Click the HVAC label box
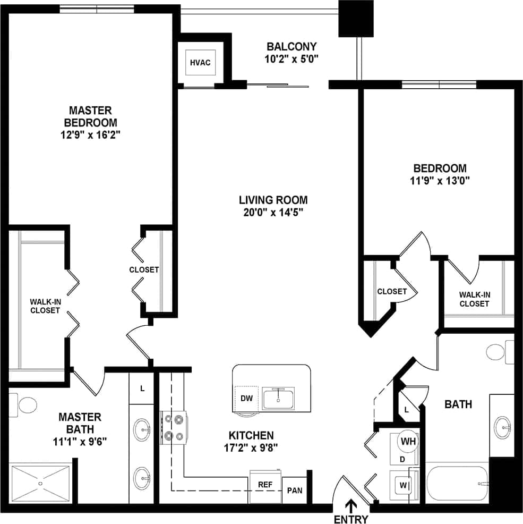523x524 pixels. (200, 63)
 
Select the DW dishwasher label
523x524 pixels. (246, 398)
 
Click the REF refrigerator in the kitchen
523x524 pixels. (265, 485)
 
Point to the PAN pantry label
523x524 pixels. (294, 489)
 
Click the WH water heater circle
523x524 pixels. (408, 442)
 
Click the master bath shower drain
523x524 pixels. (41, 484)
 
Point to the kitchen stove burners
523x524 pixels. (175, 428)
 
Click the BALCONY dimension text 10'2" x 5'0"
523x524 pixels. (291, 59)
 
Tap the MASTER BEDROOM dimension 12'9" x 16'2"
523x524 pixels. (91, 135)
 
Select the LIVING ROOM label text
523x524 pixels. (273, 200)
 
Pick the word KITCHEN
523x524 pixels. (251, 435)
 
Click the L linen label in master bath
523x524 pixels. (142, 388)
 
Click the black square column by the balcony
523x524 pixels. (356, 18)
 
